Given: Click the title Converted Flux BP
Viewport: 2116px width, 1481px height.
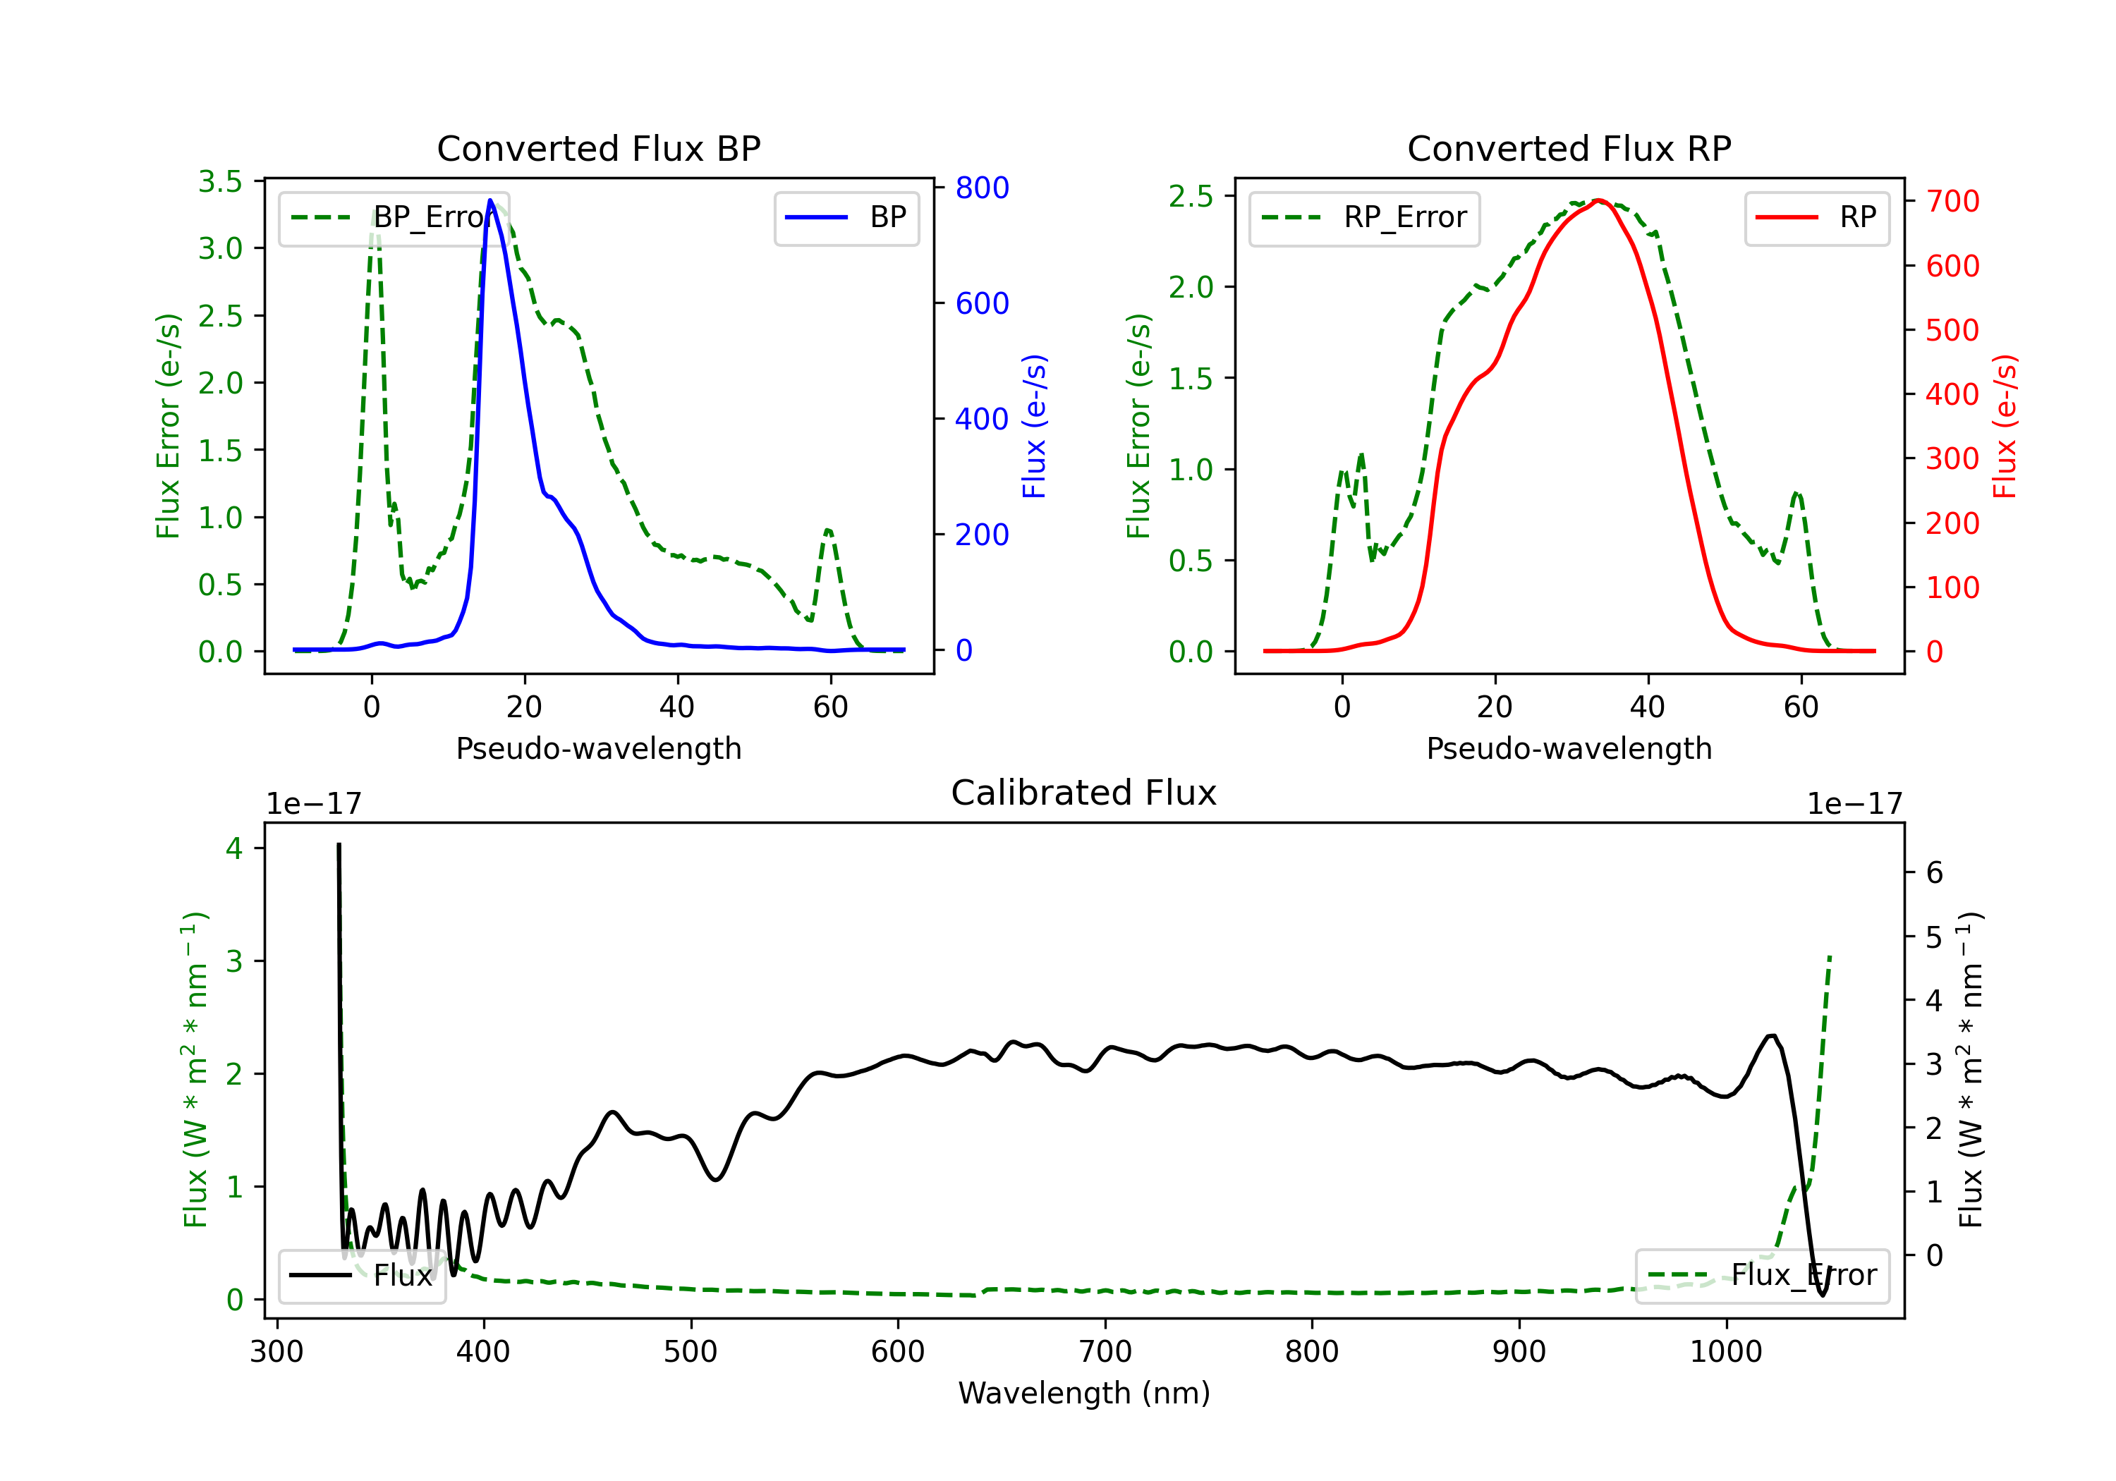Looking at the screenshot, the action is pos(598,148).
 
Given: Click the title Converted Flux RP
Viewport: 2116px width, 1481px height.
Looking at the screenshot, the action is pos(1569,148).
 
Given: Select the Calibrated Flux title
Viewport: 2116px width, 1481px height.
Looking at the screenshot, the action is pos(1084,793).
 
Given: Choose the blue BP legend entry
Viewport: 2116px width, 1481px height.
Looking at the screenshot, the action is pos(846,217).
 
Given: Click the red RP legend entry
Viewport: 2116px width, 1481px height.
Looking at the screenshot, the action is pos(1816,217).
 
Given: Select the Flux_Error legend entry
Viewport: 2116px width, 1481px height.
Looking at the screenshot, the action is pos(1761,1276).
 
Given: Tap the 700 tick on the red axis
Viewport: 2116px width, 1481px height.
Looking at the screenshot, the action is pos(1952,201).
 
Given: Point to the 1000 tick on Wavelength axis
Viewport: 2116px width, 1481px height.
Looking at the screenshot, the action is pos(1725,1352).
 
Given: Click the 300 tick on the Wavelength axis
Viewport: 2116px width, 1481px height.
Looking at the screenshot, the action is pos(276,1352).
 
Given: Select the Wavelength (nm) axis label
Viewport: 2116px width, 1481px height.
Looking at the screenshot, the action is pos(1084,1394).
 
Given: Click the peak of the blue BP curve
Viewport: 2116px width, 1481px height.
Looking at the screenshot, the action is pos(490,200).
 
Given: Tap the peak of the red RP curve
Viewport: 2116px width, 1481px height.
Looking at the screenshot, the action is pos(1599,200).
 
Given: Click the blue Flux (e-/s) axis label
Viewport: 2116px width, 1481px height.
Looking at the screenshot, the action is pos(1034,426).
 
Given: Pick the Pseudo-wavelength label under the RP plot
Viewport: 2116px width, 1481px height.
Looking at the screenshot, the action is pos(1569,748).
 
